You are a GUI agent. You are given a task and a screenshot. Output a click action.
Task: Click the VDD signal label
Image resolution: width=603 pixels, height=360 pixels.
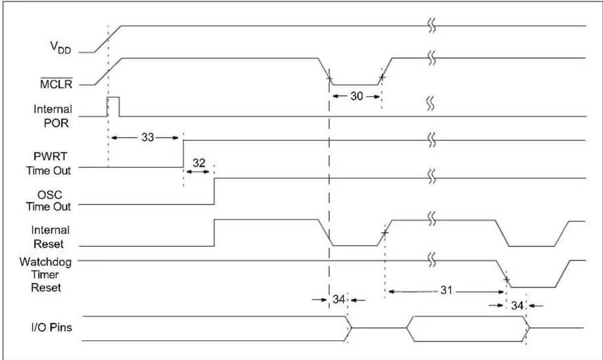(61, 48)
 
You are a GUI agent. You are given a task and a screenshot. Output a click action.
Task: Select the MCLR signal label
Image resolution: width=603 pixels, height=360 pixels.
(56, 83)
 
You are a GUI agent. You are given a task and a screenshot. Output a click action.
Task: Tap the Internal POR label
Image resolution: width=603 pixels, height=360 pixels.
(53, 116)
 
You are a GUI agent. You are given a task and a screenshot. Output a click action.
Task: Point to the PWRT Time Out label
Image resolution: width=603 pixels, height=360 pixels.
(49, 163)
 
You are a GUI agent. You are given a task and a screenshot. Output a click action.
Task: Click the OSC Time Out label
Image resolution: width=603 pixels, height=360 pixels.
(49, 200)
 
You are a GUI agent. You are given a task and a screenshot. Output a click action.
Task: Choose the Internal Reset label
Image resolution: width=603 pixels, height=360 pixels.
(51, 237)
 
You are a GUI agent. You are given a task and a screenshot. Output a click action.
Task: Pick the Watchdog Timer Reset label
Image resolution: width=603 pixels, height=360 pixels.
(46, 275)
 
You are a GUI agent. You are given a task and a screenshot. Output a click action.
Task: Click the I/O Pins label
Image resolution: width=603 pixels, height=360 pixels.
(52, 327)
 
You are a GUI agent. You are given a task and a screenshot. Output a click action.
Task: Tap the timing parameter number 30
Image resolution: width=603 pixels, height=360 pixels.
(356, 96)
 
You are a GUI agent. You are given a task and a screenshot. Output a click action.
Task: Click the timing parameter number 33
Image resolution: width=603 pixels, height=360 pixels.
(148, 138)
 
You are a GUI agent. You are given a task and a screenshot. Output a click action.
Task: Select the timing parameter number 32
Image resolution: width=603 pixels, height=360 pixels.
(199, 163)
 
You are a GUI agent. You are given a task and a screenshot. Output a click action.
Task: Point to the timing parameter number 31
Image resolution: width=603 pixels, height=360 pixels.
(446, 290)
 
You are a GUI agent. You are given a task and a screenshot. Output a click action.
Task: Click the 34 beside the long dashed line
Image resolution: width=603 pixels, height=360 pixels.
(339, 299)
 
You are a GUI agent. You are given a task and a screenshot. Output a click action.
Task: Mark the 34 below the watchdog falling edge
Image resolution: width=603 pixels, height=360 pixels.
(517, 305)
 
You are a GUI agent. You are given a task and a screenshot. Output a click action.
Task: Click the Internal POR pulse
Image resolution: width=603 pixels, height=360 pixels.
(113, 107)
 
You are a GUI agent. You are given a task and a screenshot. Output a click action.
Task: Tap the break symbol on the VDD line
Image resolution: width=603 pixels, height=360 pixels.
(432, 25)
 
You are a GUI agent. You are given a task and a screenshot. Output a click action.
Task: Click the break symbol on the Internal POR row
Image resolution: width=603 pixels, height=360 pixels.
(430, 104)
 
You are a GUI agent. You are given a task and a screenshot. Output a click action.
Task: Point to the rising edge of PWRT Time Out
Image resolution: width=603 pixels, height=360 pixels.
(183, 154)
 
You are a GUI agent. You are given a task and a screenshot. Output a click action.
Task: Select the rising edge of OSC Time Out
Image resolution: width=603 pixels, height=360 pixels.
(214, 191)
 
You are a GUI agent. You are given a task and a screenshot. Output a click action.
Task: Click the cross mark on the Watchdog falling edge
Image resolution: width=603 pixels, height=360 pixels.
(506, 280)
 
